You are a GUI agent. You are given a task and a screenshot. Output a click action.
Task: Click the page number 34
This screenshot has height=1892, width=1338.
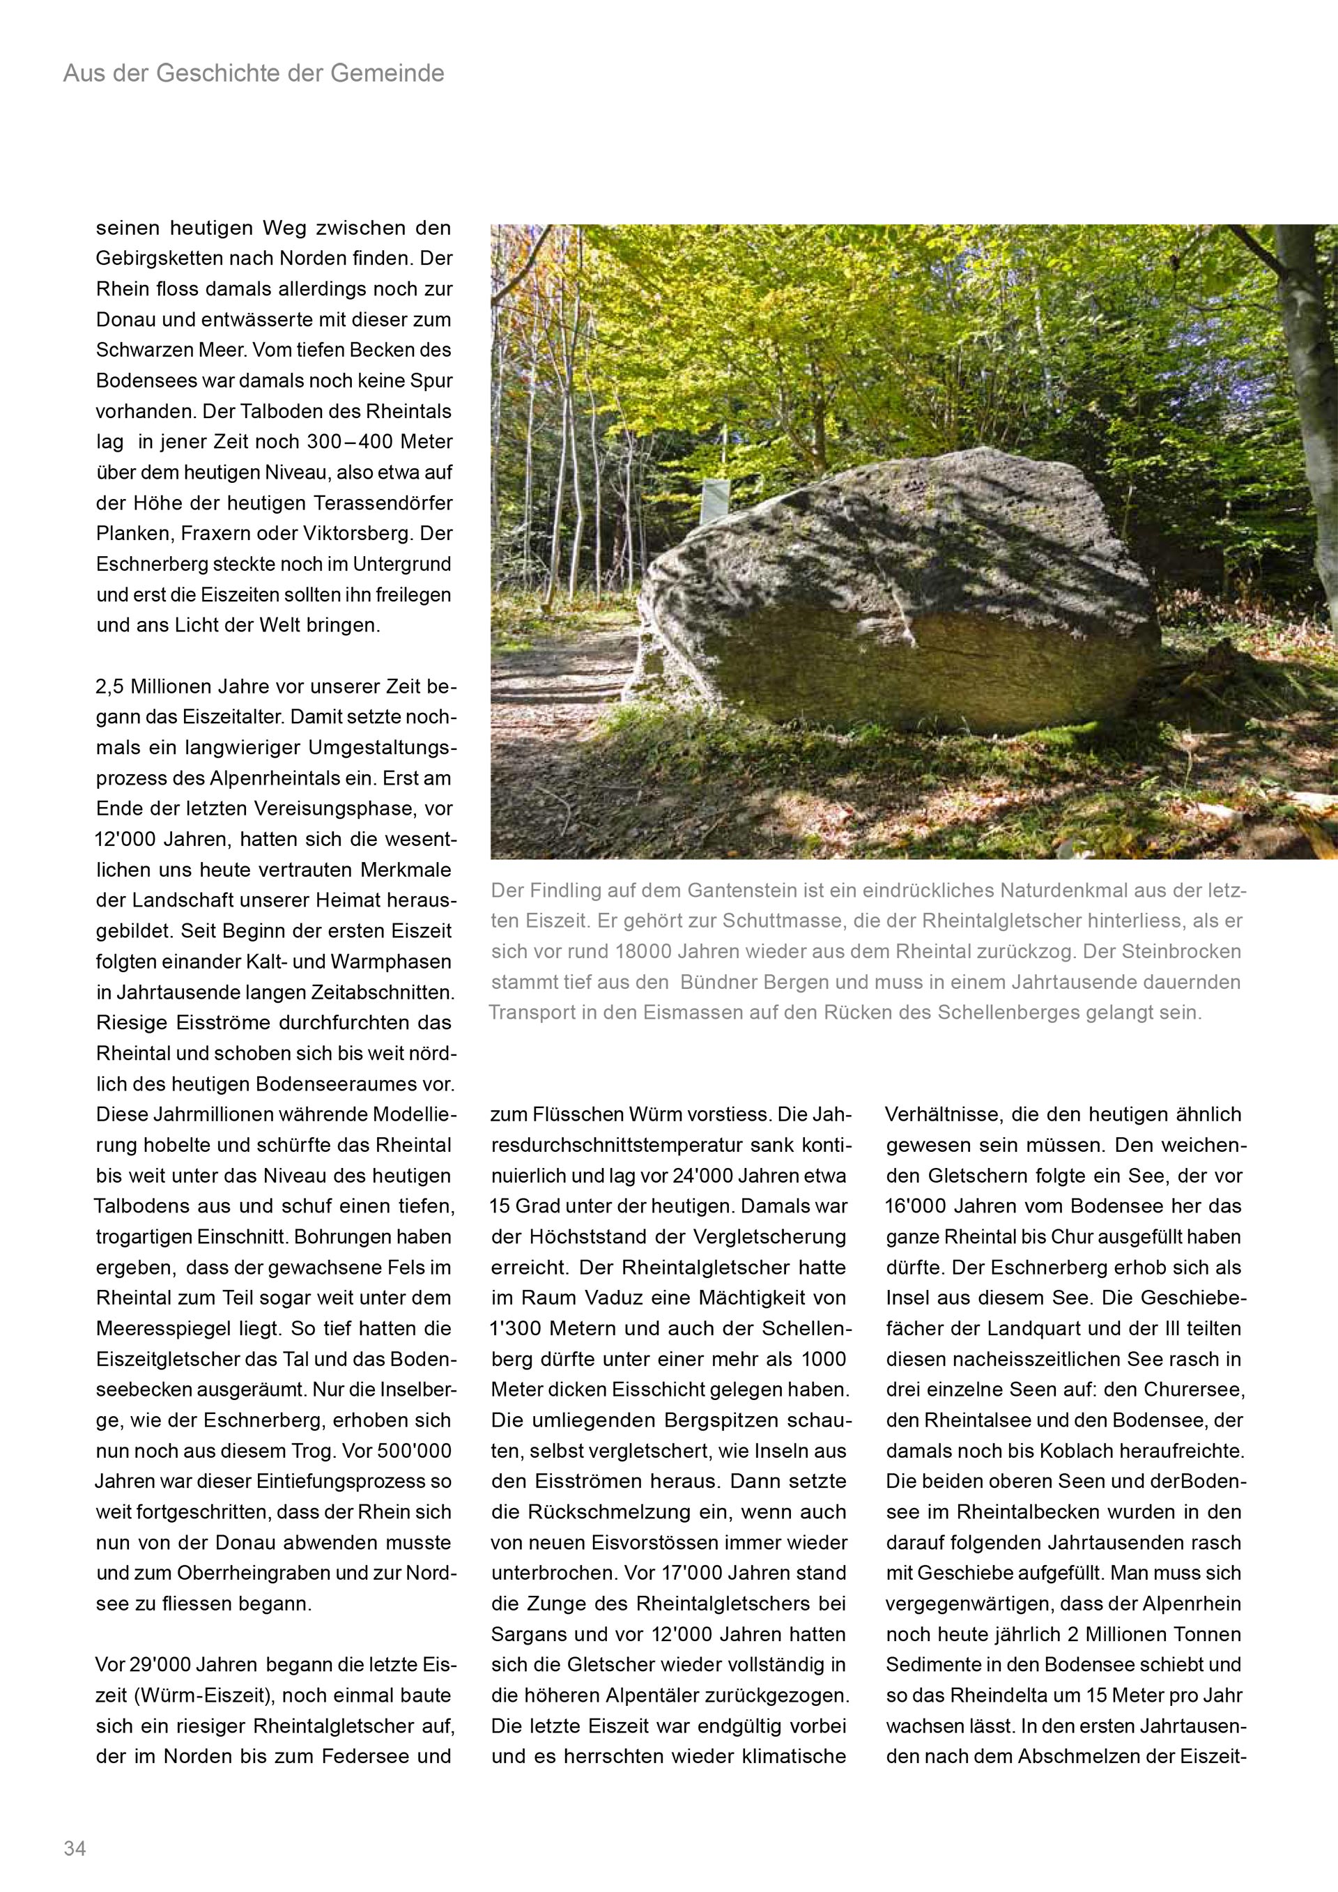tap(74, 1848)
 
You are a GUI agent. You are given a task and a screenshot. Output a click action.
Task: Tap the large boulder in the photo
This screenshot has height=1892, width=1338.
tap(898, 593)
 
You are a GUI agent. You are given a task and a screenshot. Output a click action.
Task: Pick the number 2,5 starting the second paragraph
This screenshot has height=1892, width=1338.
tap(111, 686)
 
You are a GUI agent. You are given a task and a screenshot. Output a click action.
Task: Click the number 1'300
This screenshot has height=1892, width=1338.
tap(517, 1328)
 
